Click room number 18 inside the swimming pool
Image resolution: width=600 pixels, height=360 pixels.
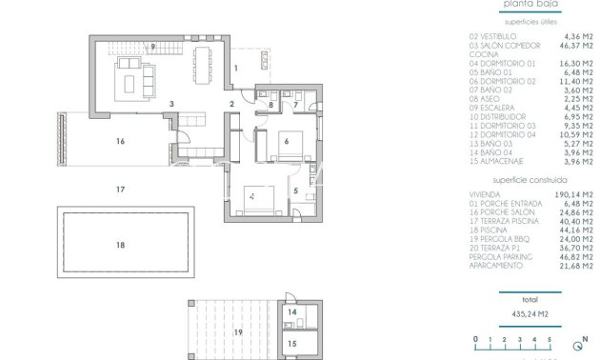[120, 245]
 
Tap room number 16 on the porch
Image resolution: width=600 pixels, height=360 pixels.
[120, 141]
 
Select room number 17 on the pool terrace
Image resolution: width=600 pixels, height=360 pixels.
[120, 190]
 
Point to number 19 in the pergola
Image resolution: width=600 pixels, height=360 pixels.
[237, 331]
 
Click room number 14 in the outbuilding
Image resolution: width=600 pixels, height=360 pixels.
[292, 311]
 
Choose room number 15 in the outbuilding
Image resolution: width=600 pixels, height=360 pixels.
[292, 343]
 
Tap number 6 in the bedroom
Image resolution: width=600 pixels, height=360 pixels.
[286, 141]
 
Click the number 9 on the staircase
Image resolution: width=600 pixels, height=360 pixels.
[151, 46]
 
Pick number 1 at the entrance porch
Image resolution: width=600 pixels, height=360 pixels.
[236, 69]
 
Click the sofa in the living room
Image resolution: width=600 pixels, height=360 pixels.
[131, 80]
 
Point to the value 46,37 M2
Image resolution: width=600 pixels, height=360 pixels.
[568, 45]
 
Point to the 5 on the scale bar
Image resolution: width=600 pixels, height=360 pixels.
[549, 339]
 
